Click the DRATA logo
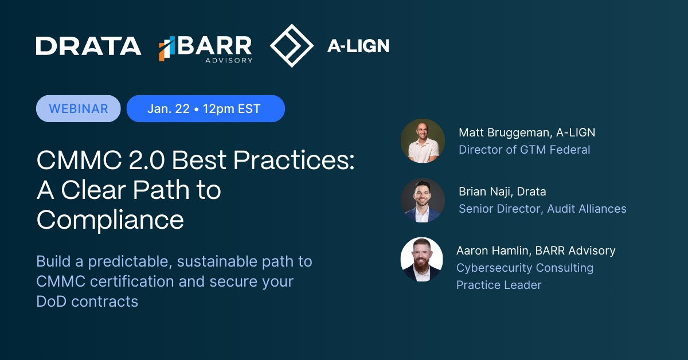(x=88, y=46)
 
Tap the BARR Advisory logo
(x=205, y=49)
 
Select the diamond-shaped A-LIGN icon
(x=292, y=45)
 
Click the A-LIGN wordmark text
(x=358, y=46)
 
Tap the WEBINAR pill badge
(x=79, y=108)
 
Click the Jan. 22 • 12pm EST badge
(x=205, y=108)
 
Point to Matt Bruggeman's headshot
(x=423, y=140)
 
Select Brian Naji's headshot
(x=423, y=200)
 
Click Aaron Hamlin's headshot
(x=422, y=259)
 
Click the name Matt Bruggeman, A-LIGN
(x=527, y=132)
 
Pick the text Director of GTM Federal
(x=524, y=150)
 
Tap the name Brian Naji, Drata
(x=502, y=191)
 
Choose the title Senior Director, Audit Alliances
(x=542, y=209)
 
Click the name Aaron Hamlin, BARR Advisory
(x=535, y=251)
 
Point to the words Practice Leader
(x=499, y=285)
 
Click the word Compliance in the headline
(x=110, y=220)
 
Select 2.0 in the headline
(x=147, y=160)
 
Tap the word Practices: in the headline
(x=294, y=160)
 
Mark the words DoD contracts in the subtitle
(x=87, y=302)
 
